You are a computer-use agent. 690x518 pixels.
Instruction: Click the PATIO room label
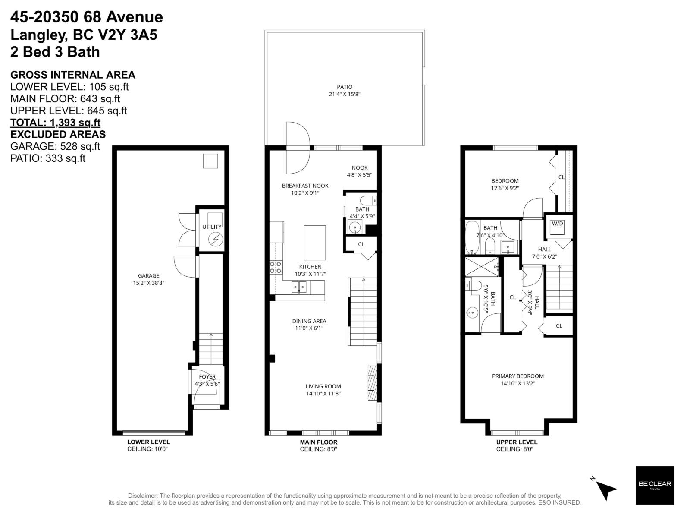point(345,87)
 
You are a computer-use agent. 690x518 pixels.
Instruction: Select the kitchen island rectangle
point(314,242)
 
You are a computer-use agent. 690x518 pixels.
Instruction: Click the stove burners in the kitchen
point(276,267)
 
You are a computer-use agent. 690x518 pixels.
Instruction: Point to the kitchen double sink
point(299,287)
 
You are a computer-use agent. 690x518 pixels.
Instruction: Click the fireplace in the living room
point(372,384)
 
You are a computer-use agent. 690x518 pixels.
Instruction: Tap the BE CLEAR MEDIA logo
point(655,485)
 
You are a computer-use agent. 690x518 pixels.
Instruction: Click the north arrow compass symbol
point(605,488)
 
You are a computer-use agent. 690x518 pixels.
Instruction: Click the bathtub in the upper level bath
point(472,237)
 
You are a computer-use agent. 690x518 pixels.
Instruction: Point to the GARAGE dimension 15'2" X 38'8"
point(149,283)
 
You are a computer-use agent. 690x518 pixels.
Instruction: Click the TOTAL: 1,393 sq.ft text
point(56,122)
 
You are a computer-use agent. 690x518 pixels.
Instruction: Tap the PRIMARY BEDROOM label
point(517,376)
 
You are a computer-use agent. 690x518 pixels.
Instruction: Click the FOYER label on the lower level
point(207,376)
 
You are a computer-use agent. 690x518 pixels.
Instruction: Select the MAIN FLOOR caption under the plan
point(319,442)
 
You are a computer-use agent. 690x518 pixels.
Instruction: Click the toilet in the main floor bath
point(368,201)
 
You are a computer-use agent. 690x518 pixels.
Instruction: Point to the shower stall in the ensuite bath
point(482,267)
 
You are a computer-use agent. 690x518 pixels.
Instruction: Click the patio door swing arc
point(298,147)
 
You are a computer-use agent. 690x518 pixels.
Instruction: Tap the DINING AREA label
point(309,321)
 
